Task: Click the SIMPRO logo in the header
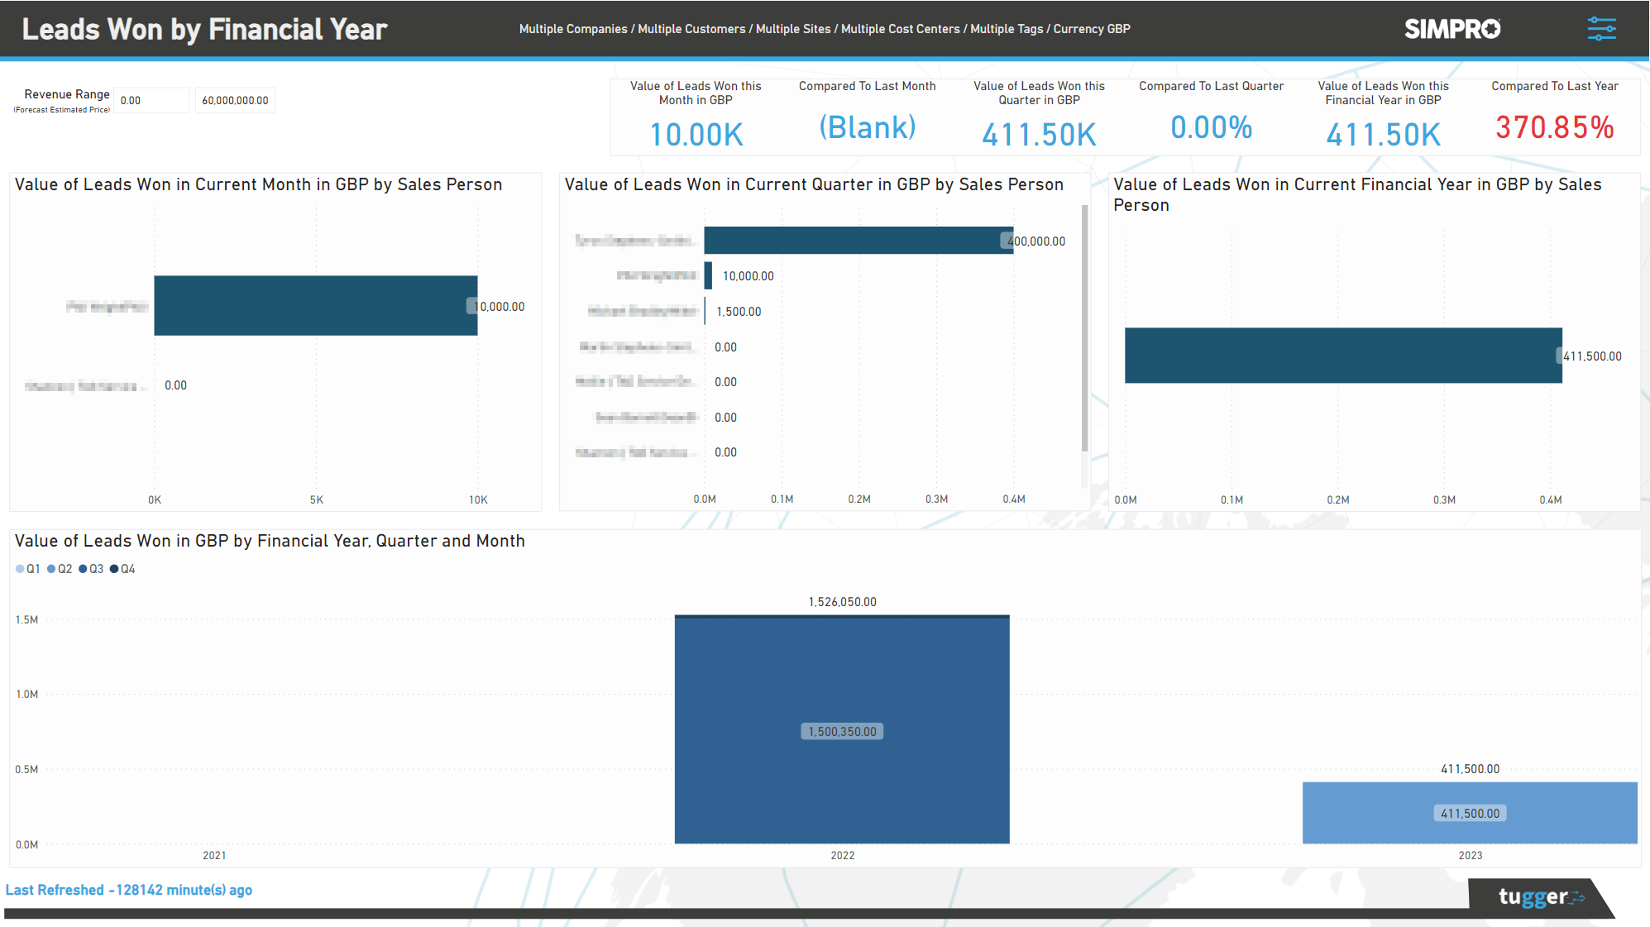(1452, 29)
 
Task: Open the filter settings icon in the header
(1601, 29)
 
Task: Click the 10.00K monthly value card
(696, 134)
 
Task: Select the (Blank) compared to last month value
(867, 127)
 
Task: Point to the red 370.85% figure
(1554, 127)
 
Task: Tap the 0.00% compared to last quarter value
(1211, 127)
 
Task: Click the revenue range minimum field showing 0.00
(151, 100)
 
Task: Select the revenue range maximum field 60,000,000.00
(235, 100)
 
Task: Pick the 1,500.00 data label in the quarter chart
(739, 312)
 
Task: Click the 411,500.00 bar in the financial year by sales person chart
(1342, 356)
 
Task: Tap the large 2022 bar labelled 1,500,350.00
(842, 731)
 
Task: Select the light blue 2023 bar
(1470, 813)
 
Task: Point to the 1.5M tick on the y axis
(26, 619)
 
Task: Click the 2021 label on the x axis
(214, 855)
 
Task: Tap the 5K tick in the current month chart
(317, 499)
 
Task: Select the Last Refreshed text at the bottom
(129, 890)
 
